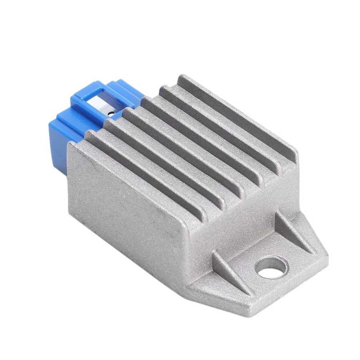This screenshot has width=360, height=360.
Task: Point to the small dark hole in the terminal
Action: tap(110, 114)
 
